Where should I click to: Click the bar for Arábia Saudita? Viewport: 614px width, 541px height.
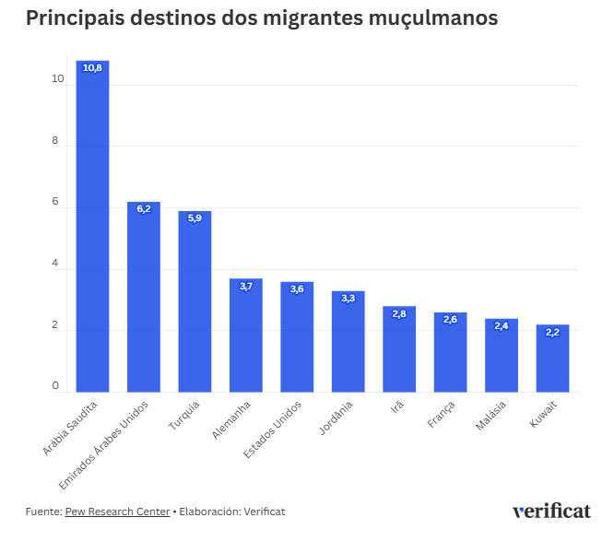point(92,230)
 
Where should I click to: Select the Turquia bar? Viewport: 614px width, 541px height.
point(195,304)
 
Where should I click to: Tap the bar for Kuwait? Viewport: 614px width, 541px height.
point(552,359)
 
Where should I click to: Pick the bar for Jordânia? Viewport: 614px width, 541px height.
point(348,343)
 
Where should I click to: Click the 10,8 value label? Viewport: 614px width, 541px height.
point(92,68)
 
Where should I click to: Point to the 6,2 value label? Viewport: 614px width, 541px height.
point(144,209)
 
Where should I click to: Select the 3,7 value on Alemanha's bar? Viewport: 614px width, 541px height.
point(246,287)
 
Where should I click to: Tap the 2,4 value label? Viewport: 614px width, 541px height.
point(502,326)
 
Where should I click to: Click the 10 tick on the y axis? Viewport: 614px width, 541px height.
point(57,80)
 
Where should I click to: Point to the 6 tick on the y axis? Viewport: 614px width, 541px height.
point(57,204)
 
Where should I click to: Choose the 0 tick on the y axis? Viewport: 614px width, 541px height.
point(57,386)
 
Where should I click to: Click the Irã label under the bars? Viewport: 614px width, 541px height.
point(397,406)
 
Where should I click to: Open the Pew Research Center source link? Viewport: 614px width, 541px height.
point(117,512)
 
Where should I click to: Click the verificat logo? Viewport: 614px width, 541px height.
point(551,511)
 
